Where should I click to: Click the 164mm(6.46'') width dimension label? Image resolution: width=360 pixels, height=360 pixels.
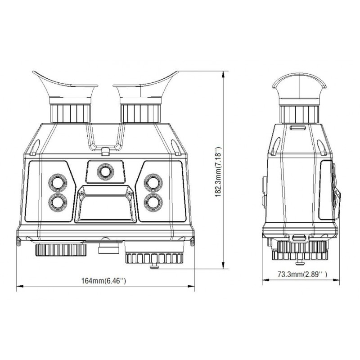[x=104, y=280]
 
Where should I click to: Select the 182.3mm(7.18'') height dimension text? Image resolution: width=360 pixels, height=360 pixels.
[x=218, y=171]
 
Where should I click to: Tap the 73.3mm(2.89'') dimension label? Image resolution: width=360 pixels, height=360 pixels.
[x=302, y=274]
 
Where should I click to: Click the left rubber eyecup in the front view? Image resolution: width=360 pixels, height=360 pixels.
[x=67, y=87]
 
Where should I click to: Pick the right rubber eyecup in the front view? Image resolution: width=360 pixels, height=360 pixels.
[x=144, y=87]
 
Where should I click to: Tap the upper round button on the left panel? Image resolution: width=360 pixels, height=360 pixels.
[x=58, y=183]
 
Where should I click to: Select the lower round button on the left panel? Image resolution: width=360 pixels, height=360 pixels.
[x=58, y=202]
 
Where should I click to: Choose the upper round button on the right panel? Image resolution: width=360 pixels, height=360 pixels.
[x=153, y=183]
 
